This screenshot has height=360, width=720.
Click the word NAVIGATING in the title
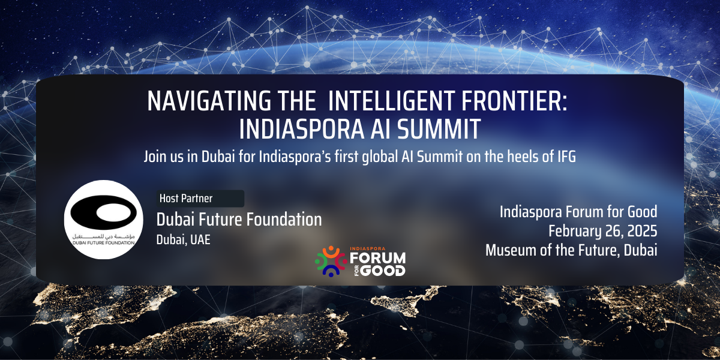[x=209, y=101]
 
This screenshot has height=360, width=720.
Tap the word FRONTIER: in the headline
[x=515, y=101]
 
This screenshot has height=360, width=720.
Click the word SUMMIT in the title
[x=439, y=129]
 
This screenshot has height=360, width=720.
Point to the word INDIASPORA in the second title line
[x=301, y=129]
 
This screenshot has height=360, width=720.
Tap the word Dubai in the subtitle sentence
[x=218, y=157]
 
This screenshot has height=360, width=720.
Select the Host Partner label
[x=186, y=199]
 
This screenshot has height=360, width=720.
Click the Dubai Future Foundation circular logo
[x=103, y=220]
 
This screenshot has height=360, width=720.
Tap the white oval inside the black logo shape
[x=114, y=213]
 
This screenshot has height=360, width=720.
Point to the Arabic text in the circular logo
[x=103, y=236]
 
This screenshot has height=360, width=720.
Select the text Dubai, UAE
[x=183, y=240]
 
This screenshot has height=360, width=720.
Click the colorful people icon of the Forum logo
[x=331, y=262]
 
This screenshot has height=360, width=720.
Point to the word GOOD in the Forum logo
[x=383, y=271]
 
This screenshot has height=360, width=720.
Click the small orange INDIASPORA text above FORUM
[x=367, y=248]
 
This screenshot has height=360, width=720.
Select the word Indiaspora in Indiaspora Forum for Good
[x=531, y=212]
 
